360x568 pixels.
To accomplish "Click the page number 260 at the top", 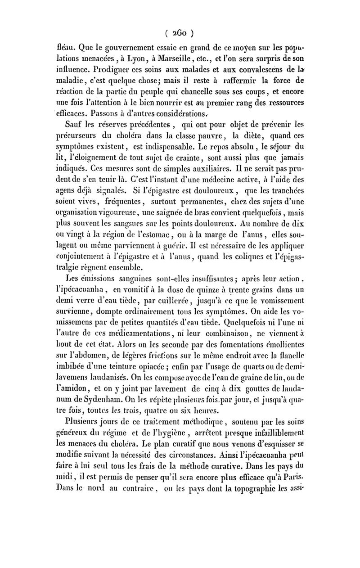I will pyautogui.click(x=179, y=33).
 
